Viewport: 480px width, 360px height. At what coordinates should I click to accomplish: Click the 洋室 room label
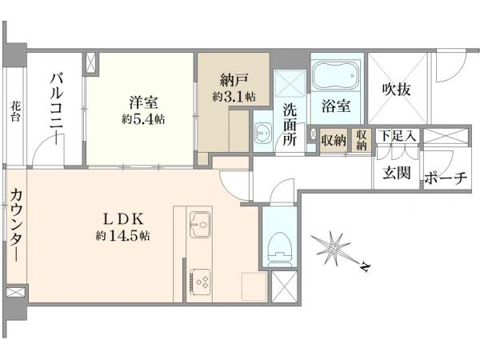[143, 102]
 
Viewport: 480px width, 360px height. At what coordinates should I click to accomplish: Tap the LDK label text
[122, 219]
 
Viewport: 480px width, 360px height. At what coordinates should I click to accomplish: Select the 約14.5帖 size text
[122, 236]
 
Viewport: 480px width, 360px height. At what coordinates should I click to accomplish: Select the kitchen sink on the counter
[200, 224]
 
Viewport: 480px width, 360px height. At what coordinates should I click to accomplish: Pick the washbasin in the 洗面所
[262, 133]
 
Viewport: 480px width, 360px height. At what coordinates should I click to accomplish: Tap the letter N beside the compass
[365, 267]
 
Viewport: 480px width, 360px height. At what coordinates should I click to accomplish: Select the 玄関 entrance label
[397, 174]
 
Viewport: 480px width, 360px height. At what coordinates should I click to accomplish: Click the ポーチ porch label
[446, 178]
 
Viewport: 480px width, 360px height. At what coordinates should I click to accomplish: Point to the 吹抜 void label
[397, 90]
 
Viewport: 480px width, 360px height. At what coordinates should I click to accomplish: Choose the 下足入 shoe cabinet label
[398, 136]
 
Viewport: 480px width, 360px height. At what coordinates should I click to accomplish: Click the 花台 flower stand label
[15, 112]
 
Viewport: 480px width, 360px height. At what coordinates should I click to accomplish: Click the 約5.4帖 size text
[143, 118]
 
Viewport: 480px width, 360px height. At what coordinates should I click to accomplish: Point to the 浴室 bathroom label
[336, 106]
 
